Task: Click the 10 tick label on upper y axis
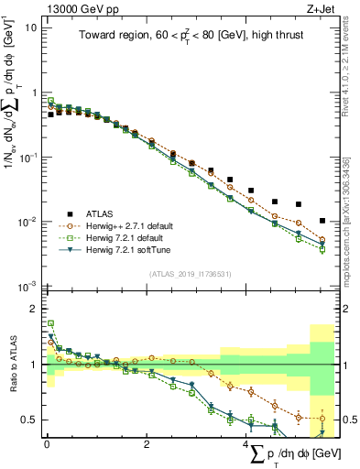pyautogui.click(x=30, y=27)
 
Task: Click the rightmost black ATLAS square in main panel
pyautogui.click(x=322, y=221)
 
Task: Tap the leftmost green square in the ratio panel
pyautogui.click(x=51, y=323)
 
